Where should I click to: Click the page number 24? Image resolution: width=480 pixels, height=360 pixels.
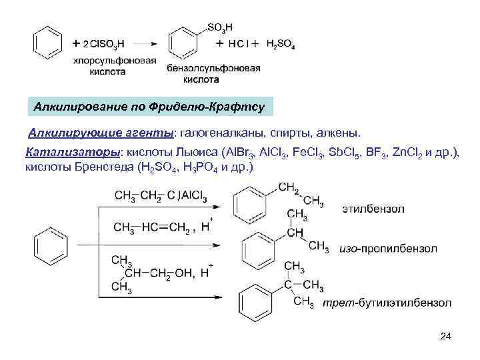[446, 336]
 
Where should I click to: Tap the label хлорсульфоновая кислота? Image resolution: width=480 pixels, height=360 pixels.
[115, 67]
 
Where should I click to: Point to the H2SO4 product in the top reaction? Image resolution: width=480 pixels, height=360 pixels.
[280, 45]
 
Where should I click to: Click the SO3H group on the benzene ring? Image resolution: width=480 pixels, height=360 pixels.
[219, 27]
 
